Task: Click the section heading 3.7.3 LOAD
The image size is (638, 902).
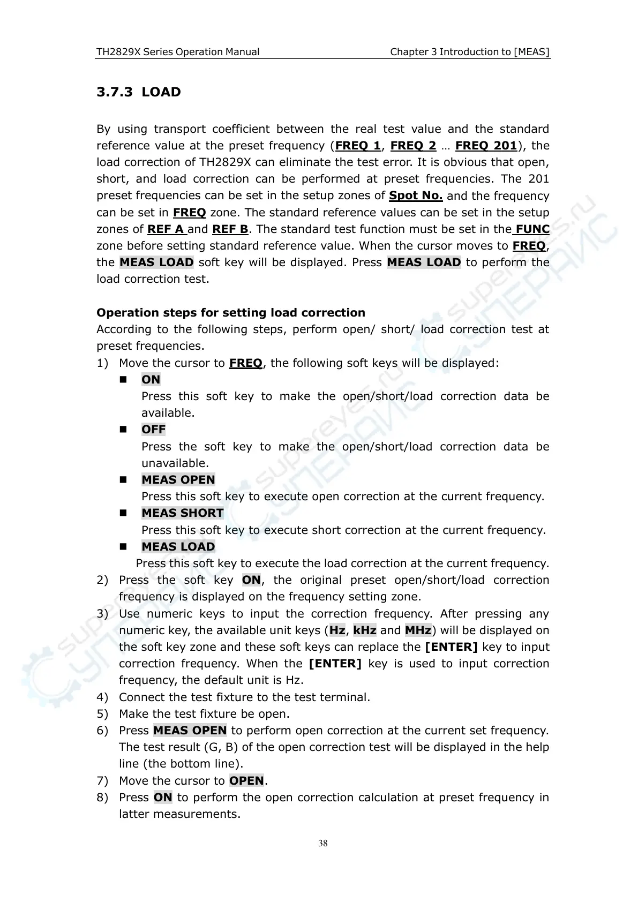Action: point(139,92)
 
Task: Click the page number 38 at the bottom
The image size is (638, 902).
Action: point(322,844)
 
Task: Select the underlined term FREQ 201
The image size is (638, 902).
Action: point(486,146)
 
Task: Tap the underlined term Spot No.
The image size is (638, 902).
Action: point(416,196)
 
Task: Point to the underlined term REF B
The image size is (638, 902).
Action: point(230,229)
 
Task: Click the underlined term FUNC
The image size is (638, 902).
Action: point(532,229)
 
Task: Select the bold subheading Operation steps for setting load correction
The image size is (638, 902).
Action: point(230,313)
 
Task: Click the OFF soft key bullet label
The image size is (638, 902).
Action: point(153,430)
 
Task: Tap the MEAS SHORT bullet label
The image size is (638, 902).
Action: point(182,513)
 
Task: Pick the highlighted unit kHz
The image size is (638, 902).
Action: point(364,630)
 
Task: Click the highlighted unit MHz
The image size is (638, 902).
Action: point(418,630)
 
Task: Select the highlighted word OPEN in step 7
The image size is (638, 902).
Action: point(246,781)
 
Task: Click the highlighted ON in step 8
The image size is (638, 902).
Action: point(163,798)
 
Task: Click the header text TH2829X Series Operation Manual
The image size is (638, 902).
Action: point(177,52)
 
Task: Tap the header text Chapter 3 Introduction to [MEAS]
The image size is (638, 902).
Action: point(470,52)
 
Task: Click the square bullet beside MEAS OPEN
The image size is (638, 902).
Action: point(123,480)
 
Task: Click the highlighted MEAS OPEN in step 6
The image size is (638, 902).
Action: point(190,731)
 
